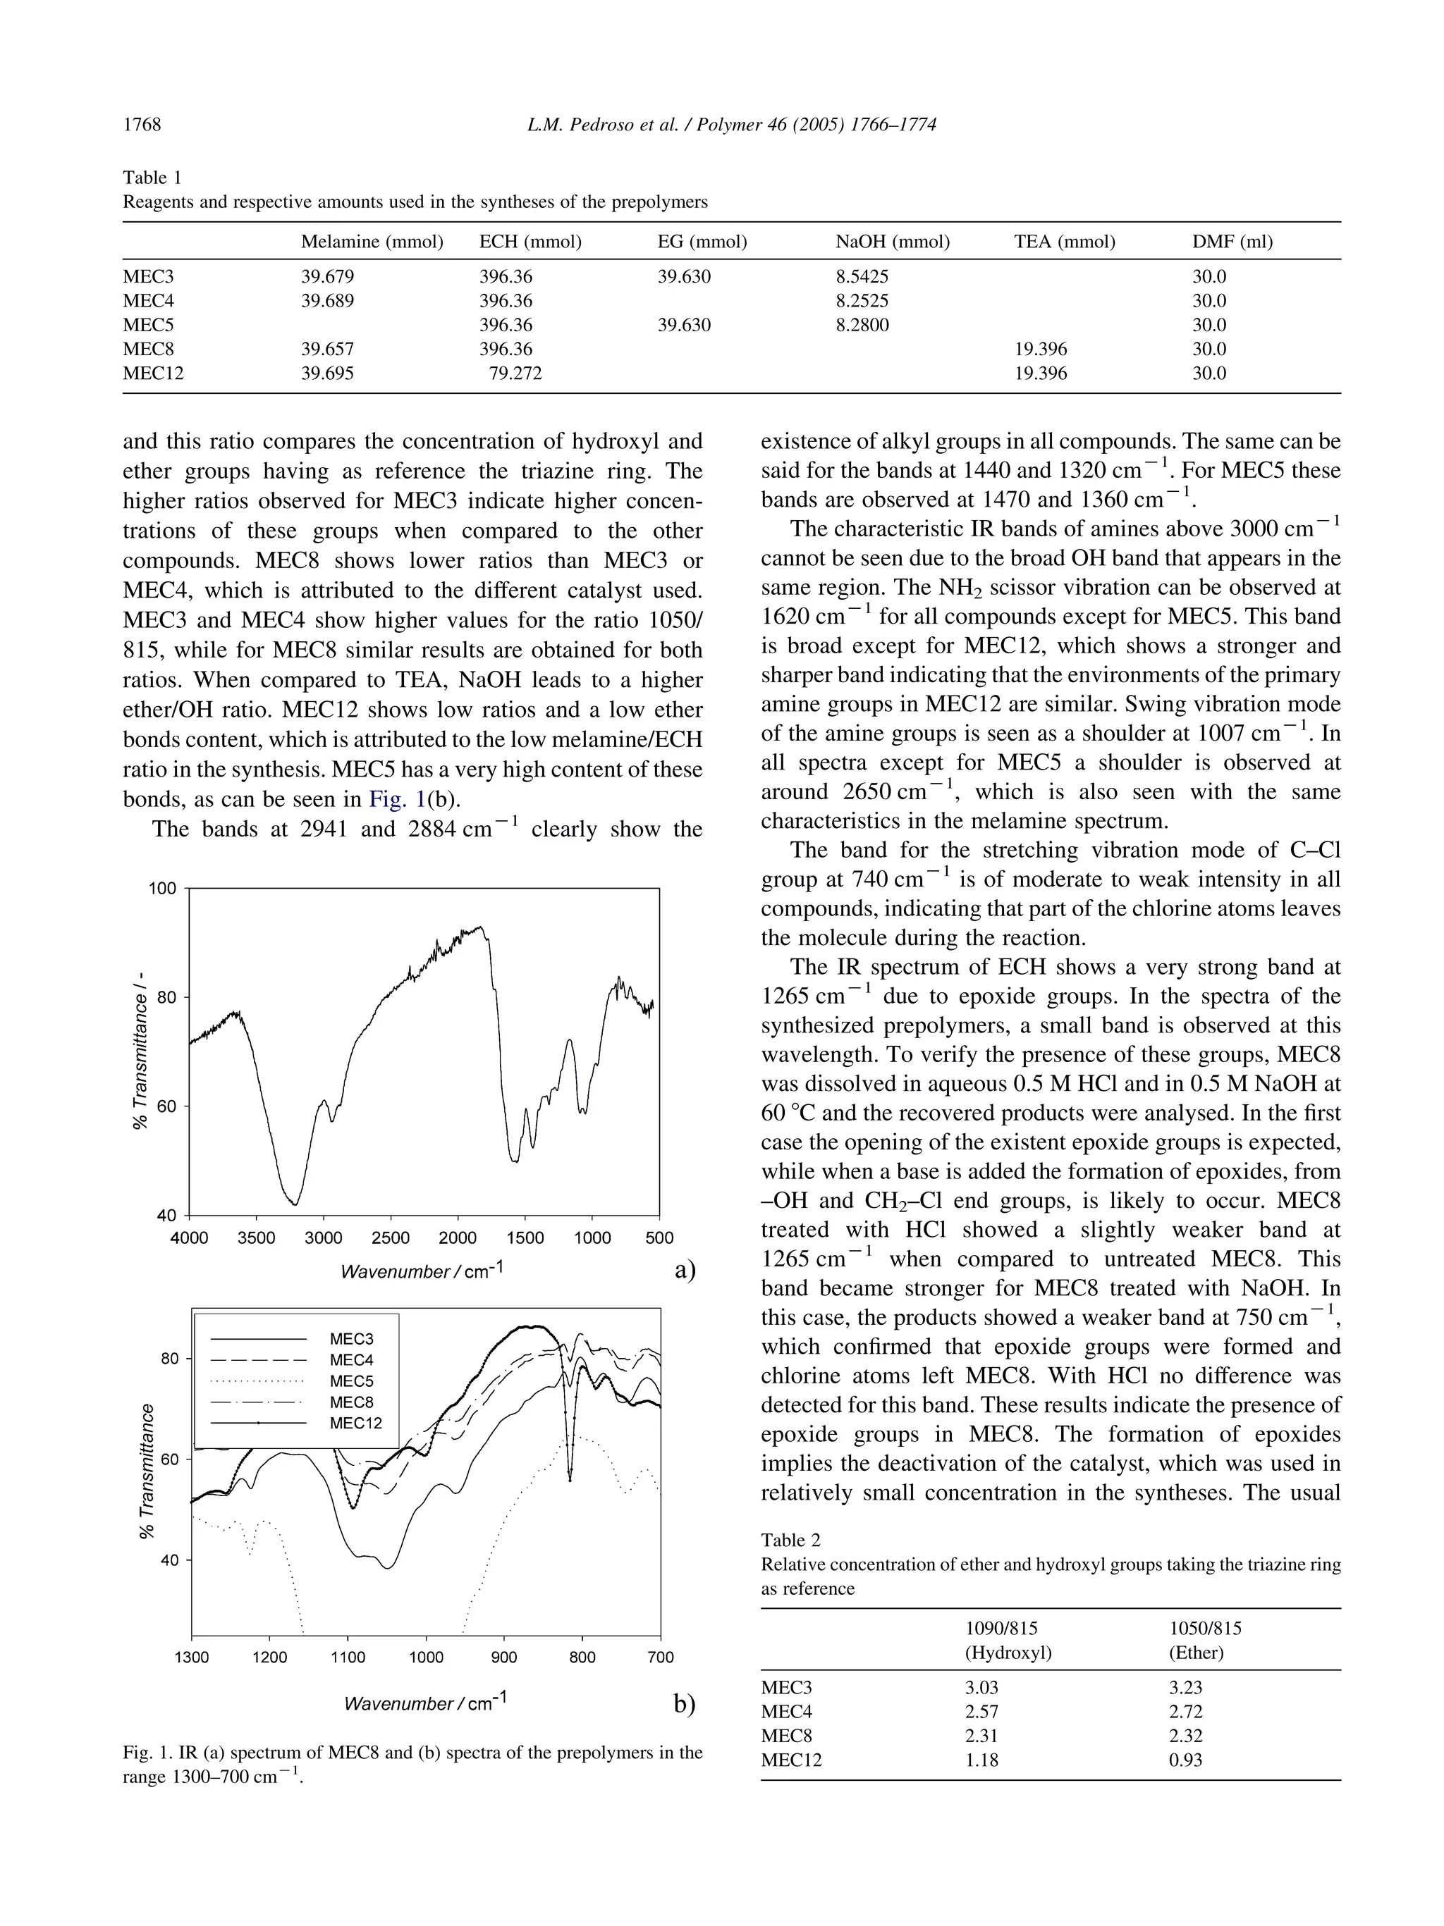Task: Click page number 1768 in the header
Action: pyautogui.click(x=142, y=125)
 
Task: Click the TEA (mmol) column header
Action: pyautogui.click(x=1064, y=241)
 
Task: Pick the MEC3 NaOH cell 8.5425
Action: pyautogui.click(x=862, y=277)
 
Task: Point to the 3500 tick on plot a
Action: pyautogui.click(x=256, y=1238)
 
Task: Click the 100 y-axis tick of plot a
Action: pyautogui.click(x=164, y=889)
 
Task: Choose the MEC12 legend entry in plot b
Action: pyautogui.click(x=355, y=1423)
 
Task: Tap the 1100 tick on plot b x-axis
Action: pyautogui.click(x=348, y=1657)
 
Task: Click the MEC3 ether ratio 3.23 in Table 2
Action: pyautogui.click(x=1185, y=1686)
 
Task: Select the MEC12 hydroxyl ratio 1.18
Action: pyautogui.click(x=981, y=1760)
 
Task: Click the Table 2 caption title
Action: pyautogui.click(x=790, y=1539)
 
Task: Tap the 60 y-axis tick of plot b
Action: pyautogui.click(x=170, y=1459)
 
